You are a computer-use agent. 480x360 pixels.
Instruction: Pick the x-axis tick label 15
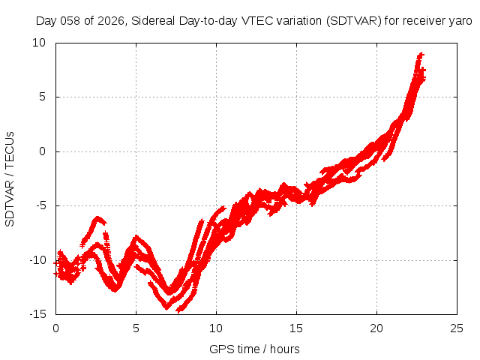pyautogui.click(x=296, y=328)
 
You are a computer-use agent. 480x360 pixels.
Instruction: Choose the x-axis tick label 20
pyautogui.click(x=376, y=328)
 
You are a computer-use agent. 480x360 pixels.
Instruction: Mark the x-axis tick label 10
pyautogui.click(x=216, y=328)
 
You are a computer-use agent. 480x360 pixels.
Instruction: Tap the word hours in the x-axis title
pyautogui.click(x=285, y=349)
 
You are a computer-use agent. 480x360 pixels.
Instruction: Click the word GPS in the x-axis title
pyautogui.click(x=220, y=349)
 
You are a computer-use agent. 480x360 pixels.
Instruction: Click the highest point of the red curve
pyautogui.click(x=421, y=55)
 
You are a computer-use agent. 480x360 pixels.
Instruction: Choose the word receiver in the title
pyautogui.click(x=423, y=21)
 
